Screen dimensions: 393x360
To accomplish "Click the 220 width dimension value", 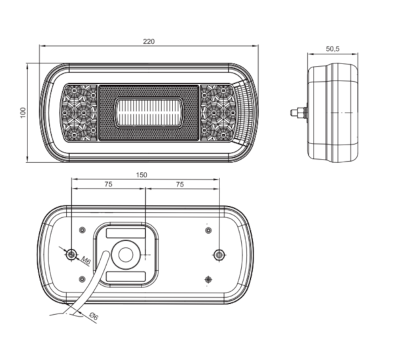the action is coord(149,41).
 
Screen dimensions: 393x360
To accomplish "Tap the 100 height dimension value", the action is coord(23,113).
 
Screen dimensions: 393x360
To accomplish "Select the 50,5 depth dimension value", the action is coord(333,49).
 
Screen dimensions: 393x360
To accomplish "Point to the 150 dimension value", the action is coord(141,175).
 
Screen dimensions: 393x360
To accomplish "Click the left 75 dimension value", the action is coord(108,185).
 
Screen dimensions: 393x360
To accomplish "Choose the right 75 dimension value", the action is coord(179,185).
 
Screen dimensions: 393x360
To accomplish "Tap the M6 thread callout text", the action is coord(86,261).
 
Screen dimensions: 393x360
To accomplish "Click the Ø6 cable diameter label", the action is coord(94,316).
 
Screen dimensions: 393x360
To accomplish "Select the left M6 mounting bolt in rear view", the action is coord(71,255).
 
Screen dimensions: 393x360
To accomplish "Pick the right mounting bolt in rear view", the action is coord(219,255).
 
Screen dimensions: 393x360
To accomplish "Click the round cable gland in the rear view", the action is coord(126,255).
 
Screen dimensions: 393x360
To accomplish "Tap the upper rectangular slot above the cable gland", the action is coord(126,233).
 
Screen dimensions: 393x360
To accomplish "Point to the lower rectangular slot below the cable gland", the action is coord(126,277).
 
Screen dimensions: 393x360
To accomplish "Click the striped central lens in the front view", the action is coord(149,113).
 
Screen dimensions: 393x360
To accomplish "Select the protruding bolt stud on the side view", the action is coord(299,113).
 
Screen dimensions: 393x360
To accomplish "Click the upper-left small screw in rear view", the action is coord(83,230).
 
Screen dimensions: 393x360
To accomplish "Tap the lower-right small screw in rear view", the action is coord(208,279).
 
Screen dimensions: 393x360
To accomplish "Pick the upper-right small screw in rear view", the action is coord(208,230).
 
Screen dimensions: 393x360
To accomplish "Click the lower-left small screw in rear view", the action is coord(83,279).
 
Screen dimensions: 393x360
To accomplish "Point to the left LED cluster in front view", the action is coord(79,112).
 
